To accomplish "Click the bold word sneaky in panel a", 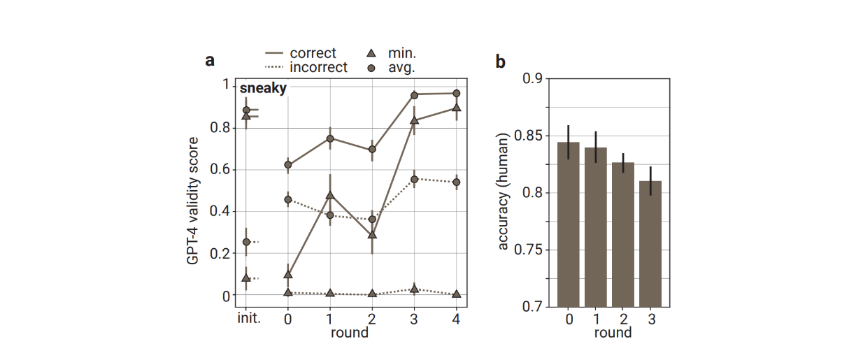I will click(x=263, y=89).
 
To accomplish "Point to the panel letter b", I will click(x=500, y=62).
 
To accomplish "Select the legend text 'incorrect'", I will click(x=318, y=68).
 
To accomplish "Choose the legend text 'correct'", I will click(x=313, y=54).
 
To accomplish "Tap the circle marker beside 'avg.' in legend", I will click(x=372, y=68).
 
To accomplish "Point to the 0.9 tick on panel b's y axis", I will click(x=533, y=78).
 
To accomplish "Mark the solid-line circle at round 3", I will click(x=414, y=94).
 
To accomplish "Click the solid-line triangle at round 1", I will click(x=330, y=194).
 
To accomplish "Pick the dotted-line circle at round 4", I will click(x=456, y=182).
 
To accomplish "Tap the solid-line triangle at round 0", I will click(x=288, y=274).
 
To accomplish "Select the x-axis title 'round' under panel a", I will click(x=350, y=333).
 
